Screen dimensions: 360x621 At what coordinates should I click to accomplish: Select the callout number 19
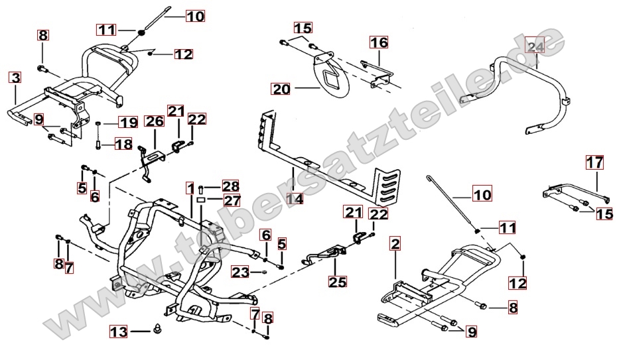tap(128, 122)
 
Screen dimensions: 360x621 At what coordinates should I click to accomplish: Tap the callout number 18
tap(123, 145)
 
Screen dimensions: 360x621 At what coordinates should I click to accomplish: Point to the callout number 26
tap(154, 121)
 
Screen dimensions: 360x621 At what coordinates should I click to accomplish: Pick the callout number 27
tap(230, 200)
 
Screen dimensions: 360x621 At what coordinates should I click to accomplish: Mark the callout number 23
tap(240, 271)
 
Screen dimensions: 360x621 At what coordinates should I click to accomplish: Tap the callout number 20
tap(281, 88)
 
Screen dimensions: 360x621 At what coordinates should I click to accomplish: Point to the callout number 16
tap(378, 43)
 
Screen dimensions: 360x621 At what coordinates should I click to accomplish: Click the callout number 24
tap(535, 46)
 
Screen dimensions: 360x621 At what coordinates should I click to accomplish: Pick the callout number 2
tap(395, 244)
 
